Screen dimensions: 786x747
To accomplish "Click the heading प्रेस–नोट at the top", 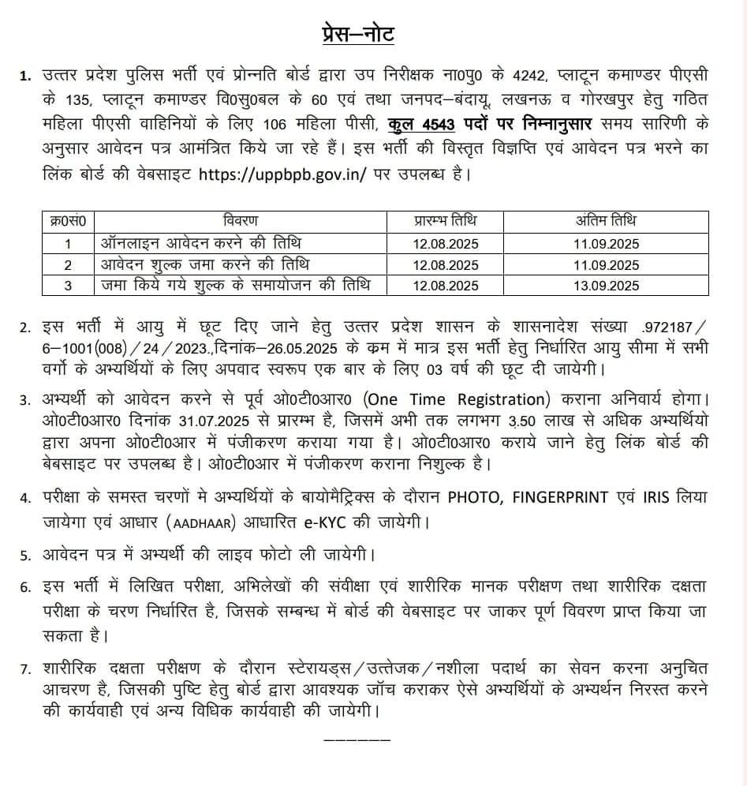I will tap(358, 35).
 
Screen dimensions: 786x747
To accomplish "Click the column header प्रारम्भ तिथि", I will tap(445, 219).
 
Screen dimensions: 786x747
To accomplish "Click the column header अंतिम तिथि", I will tap(607, 219).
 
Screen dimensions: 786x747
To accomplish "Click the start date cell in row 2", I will tap(445, 264).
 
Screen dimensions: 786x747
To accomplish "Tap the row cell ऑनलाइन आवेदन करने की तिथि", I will tap(197, 242).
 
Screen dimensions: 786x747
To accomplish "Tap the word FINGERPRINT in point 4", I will tap(560, 497).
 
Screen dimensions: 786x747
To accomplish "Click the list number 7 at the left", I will tap(25, 669).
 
